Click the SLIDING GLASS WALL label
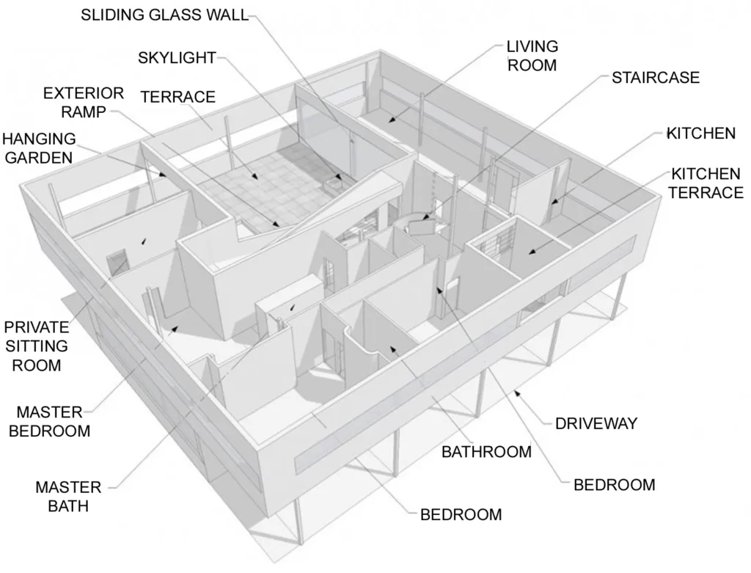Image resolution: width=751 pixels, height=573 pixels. (x=165, y=15)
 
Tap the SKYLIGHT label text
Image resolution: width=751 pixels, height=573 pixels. (x=177, y=57)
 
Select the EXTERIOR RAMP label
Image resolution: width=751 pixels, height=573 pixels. (x=84, y=102)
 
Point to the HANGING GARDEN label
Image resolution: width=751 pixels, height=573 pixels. (x=39, y=148)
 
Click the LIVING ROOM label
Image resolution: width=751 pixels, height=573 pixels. (x=532, y=56)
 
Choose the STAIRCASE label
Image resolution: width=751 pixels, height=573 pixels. (x=655, y=78)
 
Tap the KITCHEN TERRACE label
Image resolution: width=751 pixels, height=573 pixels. (x=706, y=183)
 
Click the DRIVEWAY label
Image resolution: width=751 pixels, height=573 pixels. (x=596, y=423)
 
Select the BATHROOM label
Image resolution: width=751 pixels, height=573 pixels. (x=486, y=452)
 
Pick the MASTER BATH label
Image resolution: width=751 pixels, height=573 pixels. (x=68, y=497)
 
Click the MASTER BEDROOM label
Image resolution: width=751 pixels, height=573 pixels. (x=49, y=421)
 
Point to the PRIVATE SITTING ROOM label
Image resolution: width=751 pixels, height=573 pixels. (x=37, y=346)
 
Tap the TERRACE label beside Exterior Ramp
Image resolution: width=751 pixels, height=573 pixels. (x=177, y=97)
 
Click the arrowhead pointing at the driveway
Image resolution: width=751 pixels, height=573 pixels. (x=516, y=393)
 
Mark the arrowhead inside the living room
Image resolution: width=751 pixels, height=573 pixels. (x=391, y=120)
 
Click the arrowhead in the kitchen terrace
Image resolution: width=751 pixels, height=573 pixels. (x=531, y=251)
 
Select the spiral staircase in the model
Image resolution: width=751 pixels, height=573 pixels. (x=420, y=225)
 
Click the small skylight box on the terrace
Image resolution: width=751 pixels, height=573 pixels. (x=334, y=181)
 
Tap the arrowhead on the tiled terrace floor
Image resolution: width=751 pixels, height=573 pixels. (x=256, y=176)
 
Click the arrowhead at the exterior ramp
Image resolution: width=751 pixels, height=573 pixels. (x=276, y=224)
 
